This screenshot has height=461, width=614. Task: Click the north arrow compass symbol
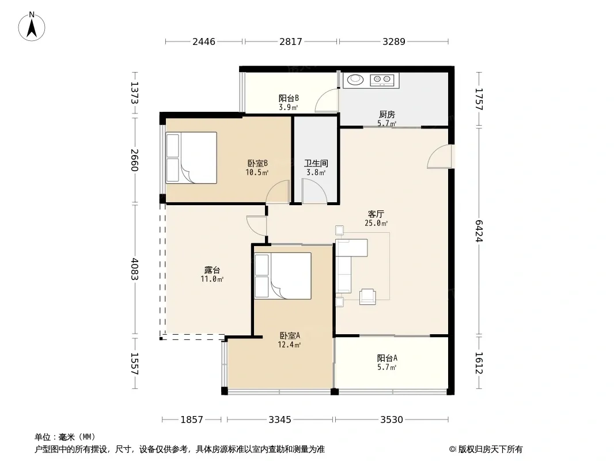(32, 27)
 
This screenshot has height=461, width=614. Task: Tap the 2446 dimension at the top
(204, 41)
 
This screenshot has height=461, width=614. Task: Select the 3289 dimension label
(393, 41)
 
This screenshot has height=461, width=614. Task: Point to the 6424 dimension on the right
(479, 231)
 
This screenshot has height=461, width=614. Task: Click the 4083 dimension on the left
(135, 269)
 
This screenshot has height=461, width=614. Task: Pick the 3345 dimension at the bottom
(279, 420)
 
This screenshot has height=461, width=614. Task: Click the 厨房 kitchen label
(387, 114)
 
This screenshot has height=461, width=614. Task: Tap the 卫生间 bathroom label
(316, 163)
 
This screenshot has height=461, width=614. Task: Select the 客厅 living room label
(376, 214)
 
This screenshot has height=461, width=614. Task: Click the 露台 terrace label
(212, 270)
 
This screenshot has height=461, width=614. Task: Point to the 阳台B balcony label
(289, 98)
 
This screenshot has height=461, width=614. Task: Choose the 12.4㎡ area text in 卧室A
(289, 345)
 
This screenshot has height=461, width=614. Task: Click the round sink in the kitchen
(355, 80)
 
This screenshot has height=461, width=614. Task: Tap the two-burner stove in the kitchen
(382, 80)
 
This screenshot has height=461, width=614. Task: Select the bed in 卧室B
(191, 158)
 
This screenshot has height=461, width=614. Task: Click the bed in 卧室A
(283, 276)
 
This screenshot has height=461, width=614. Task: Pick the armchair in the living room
(367, 297)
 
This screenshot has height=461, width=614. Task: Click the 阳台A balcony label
(387, 358)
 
